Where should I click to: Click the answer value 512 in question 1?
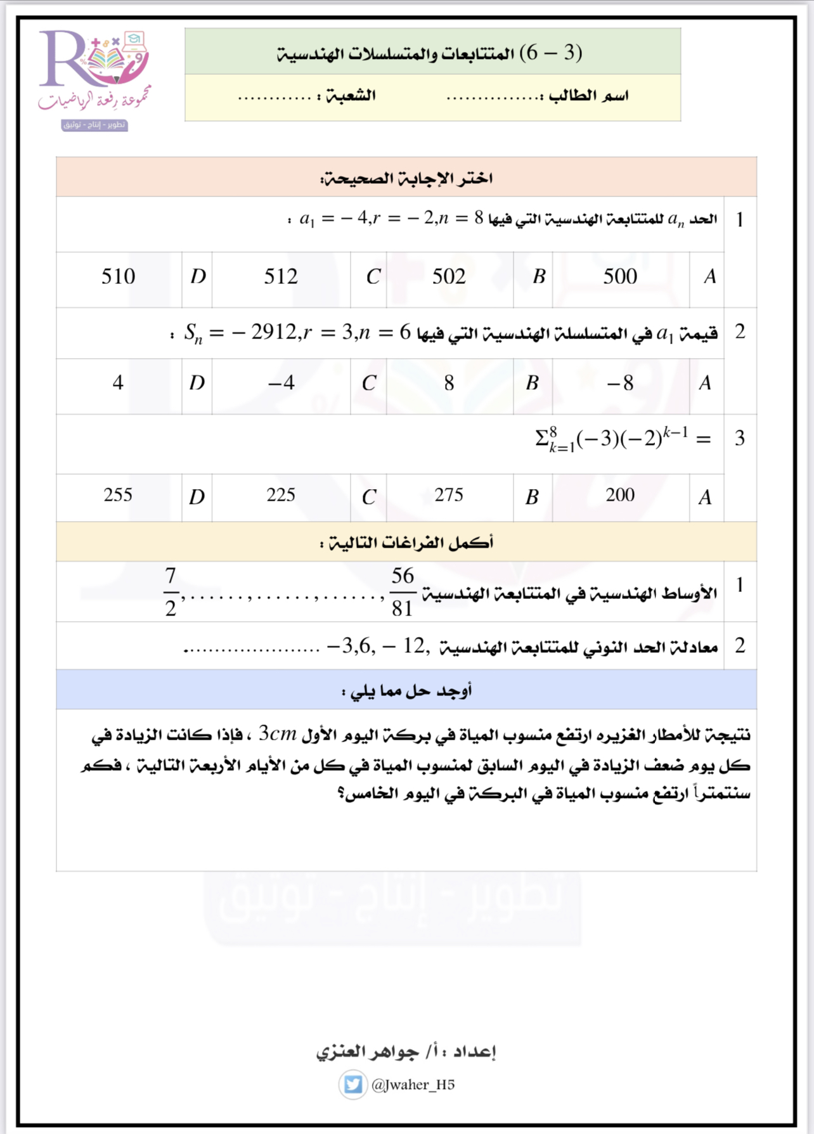coord(281,276)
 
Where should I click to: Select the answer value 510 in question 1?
coord(119,276)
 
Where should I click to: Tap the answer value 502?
coord(449,276)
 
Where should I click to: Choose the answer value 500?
coord(620,276)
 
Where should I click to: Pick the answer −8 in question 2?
coord(620,383)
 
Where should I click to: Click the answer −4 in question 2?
coord(281,383)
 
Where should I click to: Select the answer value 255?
coord(118,495)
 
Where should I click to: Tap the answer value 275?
coord(449,495)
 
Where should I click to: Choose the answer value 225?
coord(281,495)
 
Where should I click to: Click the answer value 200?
coord(620,495)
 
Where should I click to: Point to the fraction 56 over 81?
coord(403,592)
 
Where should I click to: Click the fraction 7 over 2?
coord(170,592)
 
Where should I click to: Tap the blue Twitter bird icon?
coord(353,1085)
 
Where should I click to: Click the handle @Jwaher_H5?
coord(413,1085)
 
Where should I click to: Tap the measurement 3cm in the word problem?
coord(278,734)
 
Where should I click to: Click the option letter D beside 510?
coord(198,276)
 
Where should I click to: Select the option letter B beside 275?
coord(532,497)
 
